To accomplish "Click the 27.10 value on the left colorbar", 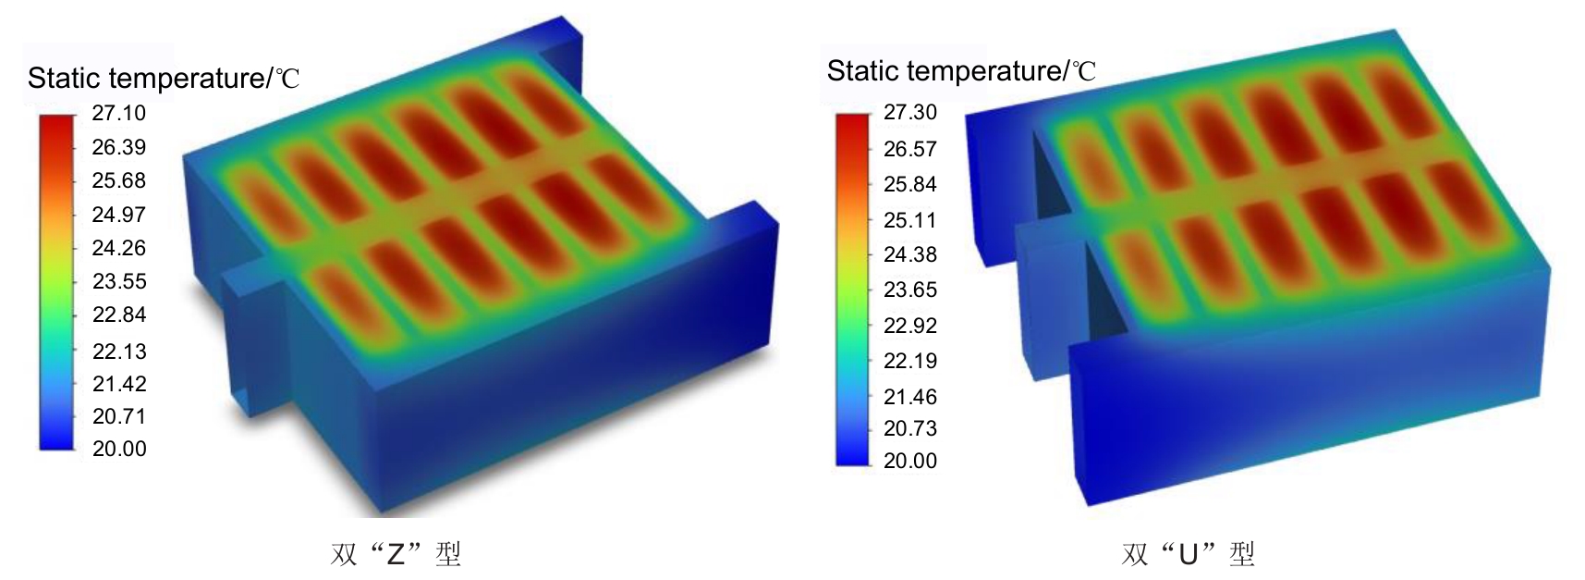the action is [118, 113].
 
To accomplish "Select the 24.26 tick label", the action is [118, 248].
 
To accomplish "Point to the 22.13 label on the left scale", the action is [118, 351].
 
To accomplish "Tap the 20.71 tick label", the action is [118, 416].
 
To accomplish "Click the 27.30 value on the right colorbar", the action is [909, 112].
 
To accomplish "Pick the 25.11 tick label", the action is [909, 220].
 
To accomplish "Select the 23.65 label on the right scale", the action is [909, 290].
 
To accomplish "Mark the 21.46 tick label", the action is [909, 397].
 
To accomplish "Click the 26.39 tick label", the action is [118, 147].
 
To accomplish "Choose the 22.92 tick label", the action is [909, 326].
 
